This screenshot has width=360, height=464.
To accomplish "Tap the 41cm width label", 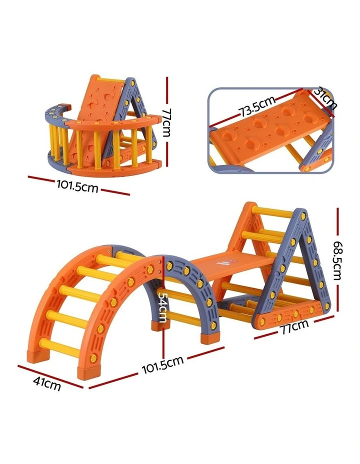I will click(47, 385).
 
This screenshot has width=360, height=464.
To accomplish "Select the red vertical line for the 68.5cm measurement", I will click(338, 230).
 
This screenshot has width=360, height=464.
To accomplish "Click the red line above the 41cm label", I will click(50, 375).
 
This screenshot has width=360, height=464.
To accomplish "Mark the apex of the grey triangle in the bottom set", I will click(300, 213).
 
